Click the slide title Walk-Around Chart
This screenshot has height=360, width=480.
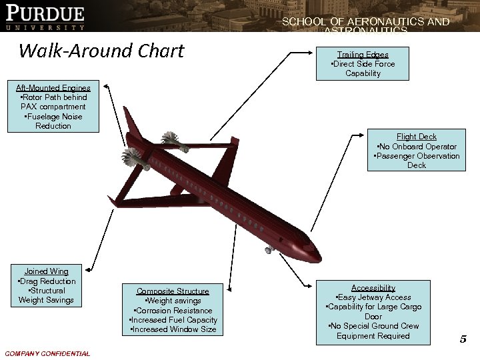pos(102,50)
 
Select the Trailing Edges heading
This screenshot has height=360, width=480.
pos(363,55)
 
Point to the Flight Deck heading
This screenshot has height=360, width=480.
pos(416,137)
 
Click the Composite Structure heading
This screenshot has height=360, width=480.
pos(173,291)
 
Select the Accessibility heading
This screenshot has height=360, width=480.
pos(373,287)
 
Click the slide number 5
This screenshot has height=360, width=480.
pos(463,339)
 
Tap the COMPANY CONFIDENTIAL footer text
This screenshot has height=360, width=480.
pos(47,353)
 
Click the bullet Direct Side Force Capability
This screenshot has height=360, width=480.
pos(363,69)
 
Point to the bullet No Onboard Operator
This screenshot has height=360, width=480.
pos(416,147)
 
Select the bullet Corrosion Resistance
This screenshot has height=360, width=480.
pos(173,311)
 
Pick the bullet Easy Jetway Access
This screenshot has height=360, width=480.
pos(373,297)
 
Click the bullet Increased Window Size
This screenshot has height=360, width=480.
pos(173,330)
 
